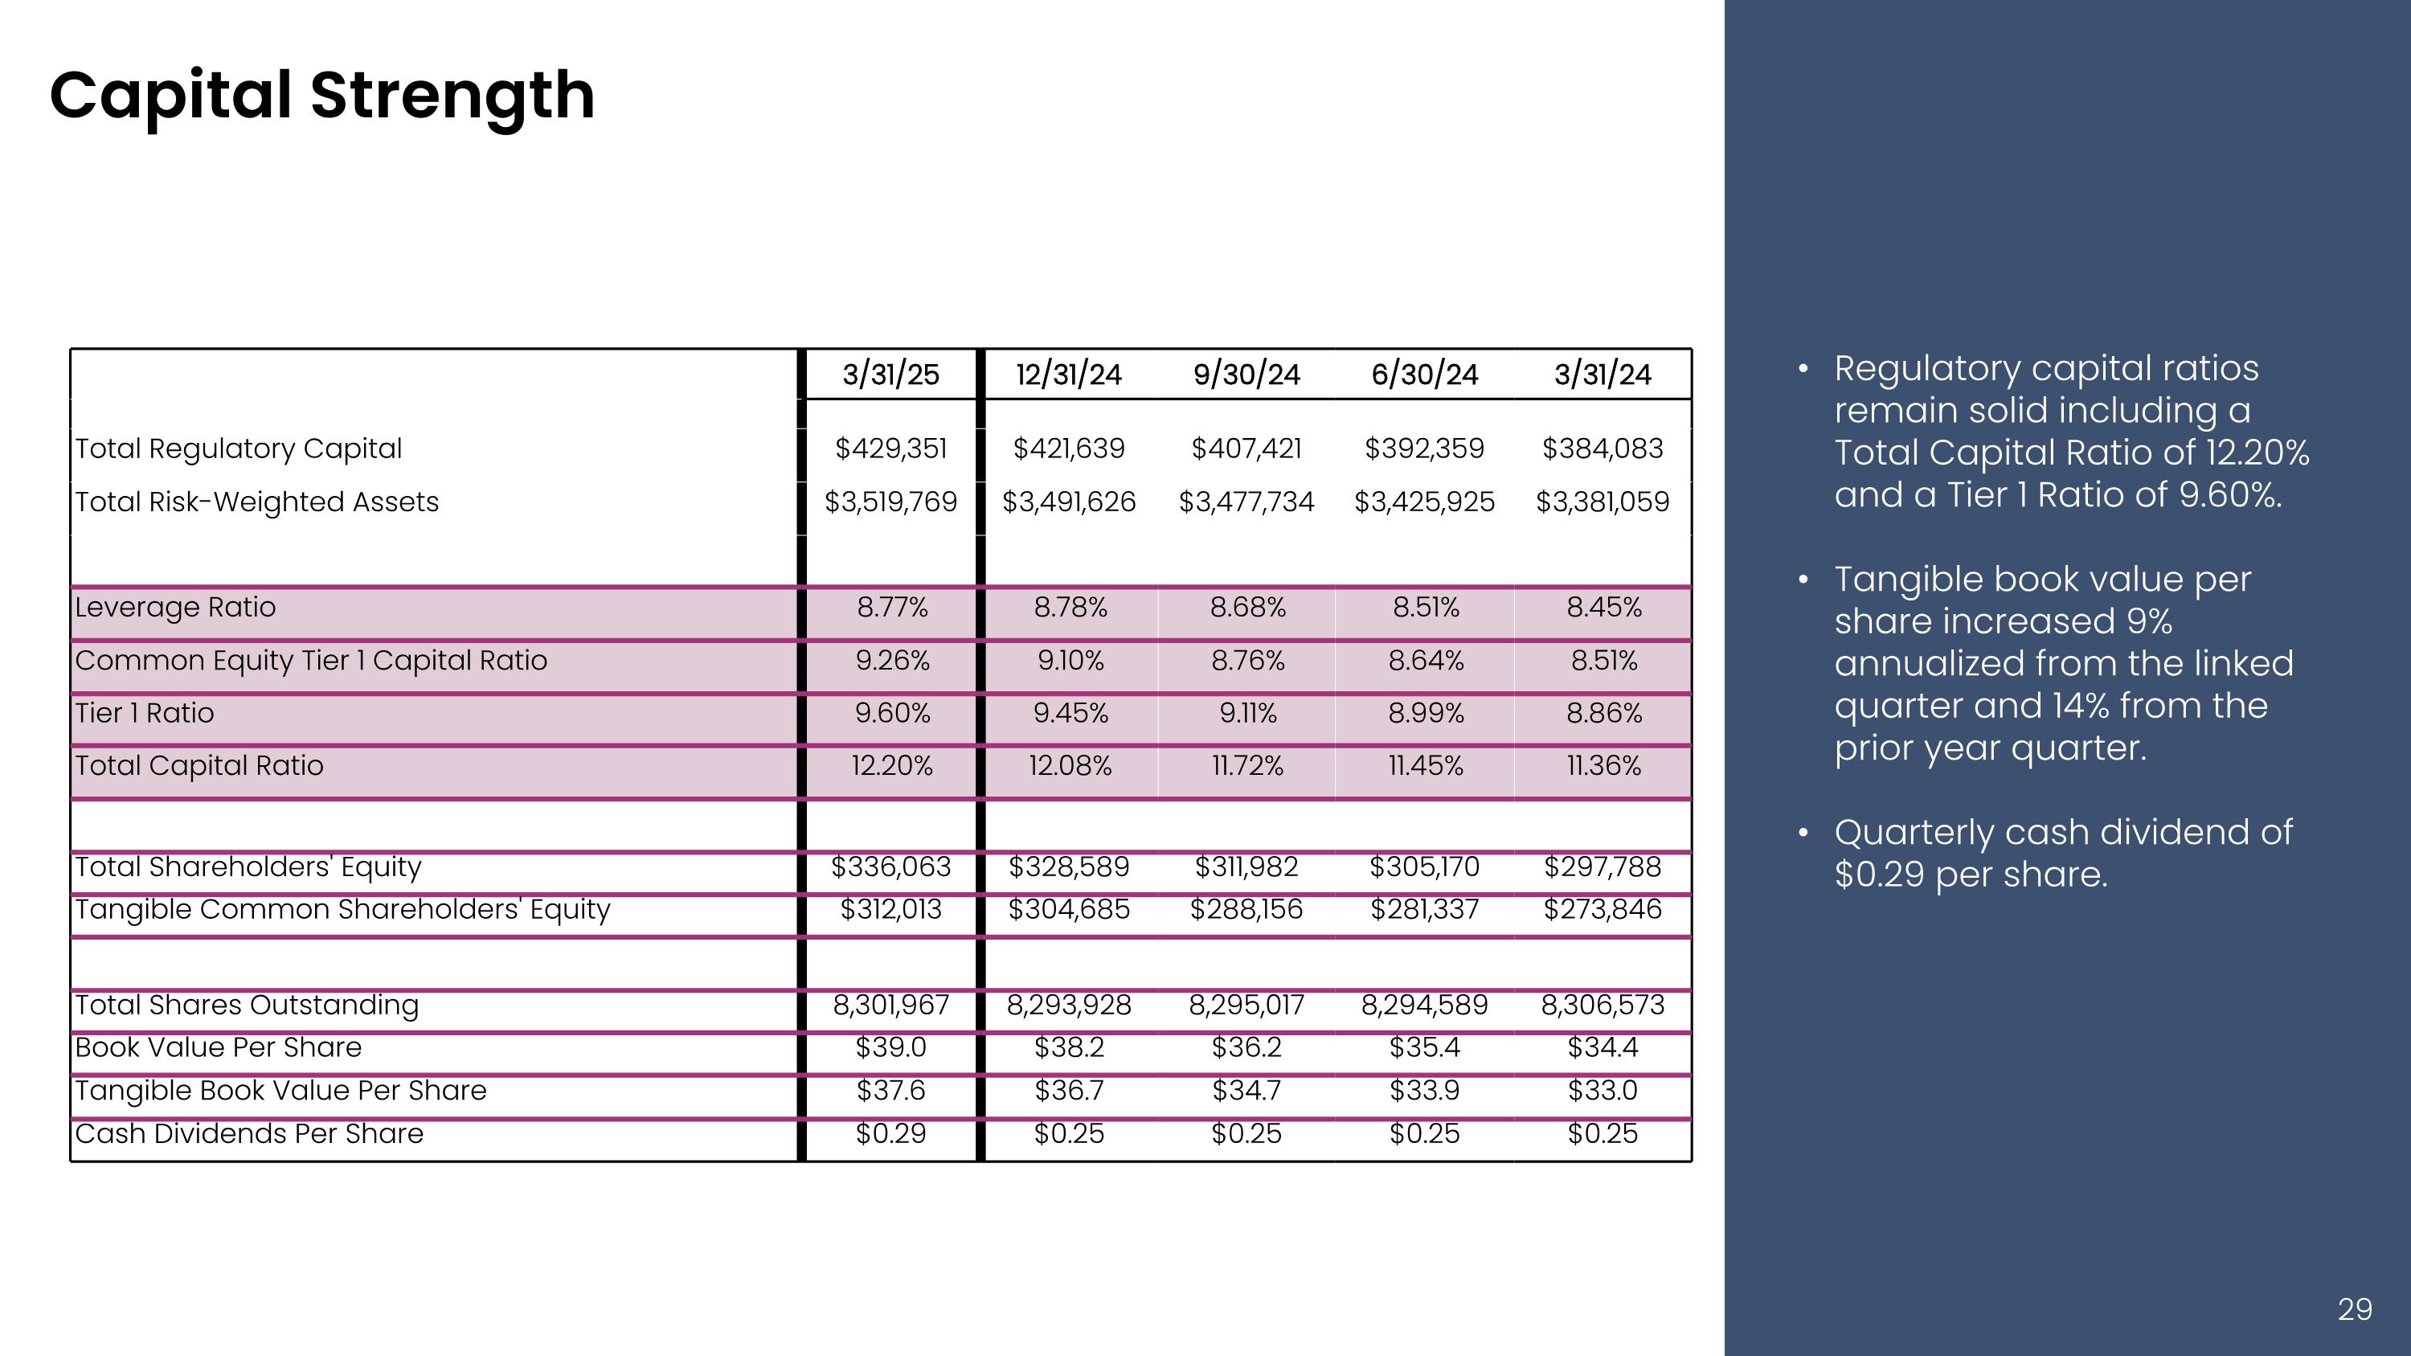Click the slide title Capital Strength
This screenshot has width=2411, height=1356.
(322, 96)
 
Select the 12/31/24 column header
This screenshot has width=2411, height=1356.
(1069, 375)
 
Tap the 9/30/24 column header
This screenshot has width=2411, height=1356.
(1246, 375)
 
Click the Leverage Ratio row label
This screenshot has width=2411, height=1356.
(175, 608)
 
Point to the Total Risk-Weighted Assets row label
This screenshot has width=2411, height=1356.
(256, 502)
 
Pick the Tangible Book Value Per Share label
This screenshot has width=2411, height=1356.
(280, 1090)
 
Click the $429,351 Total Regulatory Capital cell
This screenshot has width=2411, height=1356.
(891, 449)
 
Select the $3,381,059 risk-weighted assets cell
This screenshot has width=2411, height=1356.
(1603, 502)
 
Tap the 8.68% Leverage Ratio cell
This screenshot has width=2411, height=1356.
(1247, 608)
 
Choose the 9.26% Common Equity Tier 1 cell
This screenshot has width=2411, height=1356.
(892, 661)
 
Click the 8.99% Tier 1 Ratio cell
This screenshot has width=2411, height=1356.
(1426, 713)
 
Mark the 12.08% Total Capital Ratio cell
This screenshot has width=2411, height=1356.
(1070, 765)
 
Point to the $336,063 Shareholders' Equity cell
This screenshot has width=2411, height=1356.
(891, 866)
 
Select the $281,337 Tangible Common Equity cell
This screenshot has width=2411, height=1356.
(1425, 908)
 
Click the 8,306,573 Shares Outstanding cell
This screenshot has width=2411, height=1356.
(1603, 1005)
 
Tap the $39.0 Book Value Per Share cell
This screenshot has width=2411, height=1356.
(891, 1047)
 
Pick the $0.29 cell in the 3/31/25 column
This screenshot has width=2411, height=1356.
(891, 1133)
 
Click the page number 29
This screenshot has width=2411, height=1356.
(2355, 1309)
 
